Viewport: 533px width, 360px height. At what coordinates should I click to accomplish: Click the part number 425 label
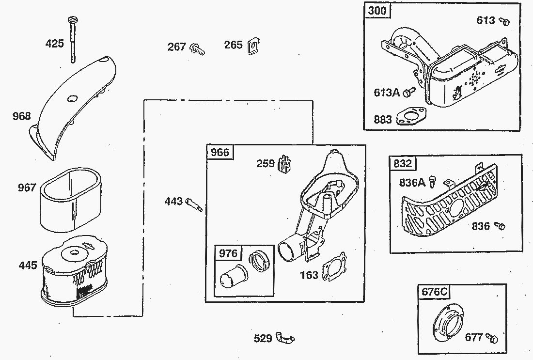click(55, 44)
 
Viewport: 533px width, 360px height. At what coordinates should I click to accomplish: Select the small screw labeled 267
click(197, 49)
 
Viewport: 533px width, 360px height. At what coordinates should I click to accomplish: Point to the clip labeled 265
click(253, 46)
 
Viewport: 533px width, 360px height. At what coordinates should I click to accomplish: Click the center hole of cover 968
click(72, 99)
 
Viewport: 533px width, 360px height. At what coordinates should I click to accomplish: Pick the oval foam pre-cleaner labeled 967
click(71, 200)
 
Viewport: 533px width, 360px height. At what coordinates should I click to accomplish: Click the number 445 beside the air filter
click(28, 265)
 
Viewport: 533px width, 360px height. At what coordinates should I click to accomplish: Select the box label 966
click(220, 152)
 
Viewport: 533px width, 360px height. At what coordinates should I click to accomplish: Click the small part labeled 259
click(285, 163)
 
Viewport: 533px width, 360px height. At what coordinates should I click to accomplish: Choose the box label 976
click(228, 253)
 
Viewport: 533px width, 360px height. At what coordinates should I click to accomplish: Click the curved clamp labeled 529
click(285, 337)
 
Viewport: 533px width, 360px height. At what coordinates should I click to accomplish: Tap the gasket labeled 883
click(411, 116)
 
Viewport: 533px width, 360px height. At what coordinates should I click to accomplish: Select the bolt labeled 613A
click(409, 92)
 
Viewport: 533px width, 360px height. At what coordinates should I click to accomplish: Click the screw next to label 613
click(504, 21)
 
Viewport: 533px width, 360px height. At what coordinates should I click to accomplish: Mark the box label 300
click(377, 11)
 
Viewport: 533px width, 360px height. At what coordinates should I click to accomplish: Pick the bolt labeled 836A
click(432, 182)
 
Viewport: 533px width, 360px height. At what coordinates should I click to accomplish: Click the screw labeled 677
click(491, 338)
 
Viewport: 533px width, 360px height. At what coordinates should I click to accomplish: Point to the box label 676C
click(435, 292)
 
